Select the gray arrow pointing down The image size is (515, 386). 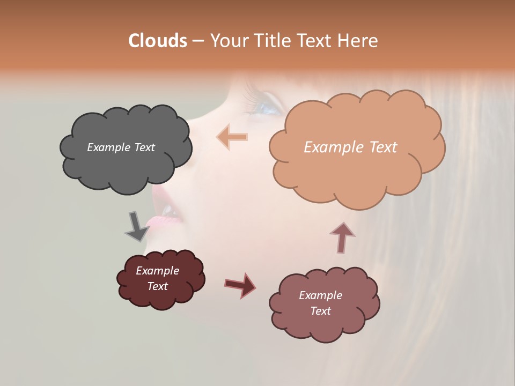click(x=137, y=226)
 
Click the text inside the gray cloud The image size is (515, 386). click(x=121, y=147)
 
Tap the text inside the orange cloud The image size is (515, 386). click(x=350, y=147)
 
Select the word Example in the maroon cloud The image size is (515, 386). click(x=157, y=271)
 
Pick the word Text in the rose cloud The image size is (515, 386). click(x=320, y=311)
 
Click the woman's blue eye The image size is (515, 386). click(x=268, y=107)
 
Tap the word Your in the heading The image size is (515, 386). click(x=227, y=41)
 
